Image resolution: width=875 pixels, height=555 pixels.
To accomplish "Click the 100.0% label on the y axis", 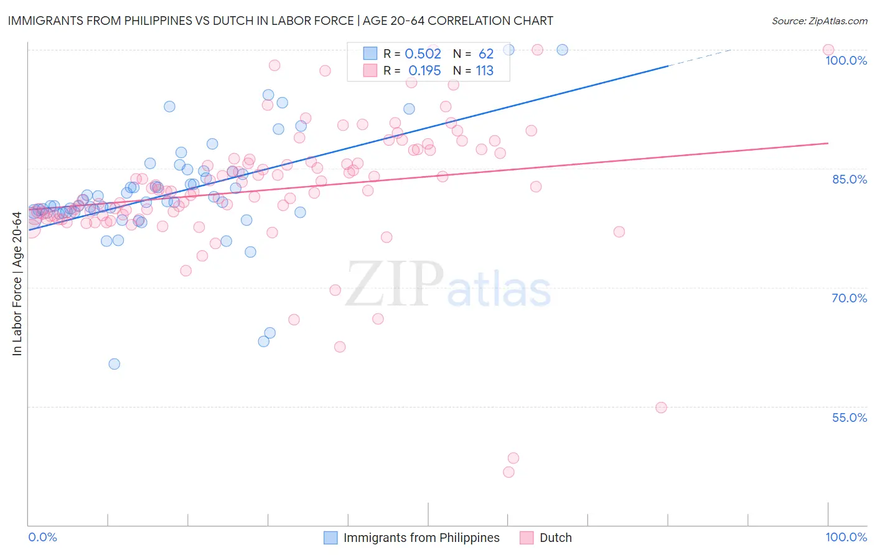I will (x=846, y=60).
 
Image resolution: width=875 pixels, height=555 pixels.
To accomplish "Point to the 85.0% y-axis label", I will (x=849, y=179).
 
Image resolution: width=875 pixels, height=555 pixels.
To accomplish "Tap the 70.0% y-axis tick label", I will (x=849, y=298).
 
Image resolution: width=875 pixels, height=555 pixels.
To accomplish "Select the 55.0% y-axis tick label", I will (x=849, y=417).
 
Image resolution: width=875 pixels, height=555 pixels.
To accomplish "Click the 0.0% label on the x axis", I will (x=42, y=537).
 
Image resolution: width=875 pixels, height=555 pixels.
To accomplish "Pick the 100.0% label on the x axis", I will (x=846, y=537).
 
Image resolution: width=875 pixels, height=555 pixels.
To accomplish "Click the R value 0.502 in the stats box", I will (x=423, y=54).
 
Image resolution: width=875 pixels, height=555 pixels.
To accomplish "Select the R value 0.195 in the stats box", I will (x=424, y=71).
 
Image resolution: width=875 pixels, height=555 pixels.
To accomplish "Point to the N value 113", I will (x=484, y=71).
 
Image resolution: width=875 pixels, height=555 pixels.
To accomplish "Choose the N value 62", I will (x=485, y=54).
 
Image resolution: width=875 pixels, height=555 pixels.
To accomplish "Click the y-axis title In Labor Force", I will (x=17, y=284).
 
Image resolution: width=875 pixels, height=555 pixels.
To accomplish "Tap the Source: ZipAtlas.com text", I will (x=819, y=21).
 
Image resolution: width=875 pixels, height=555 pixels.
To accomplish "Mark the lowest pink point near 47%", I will (x=508, y=472).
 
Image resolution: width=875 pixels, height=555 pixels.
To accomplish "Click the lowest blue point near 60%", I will (x=114, y=364).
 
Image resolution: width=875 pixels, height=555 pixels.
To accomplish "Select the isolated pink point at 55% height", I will (x=661, y=408).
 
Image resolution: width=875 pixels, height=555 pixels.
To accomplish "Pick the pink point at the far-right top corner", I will (x=828, y=50).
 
